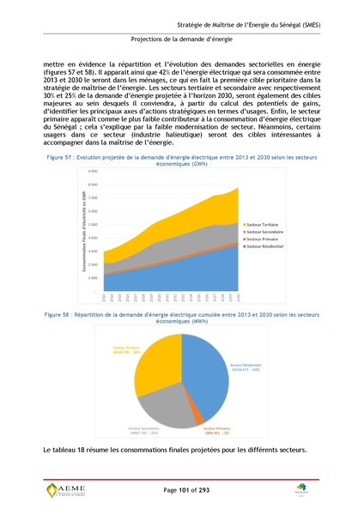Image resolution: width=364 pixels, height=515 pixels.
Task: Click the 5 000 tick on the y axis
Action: coord(92,224)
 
